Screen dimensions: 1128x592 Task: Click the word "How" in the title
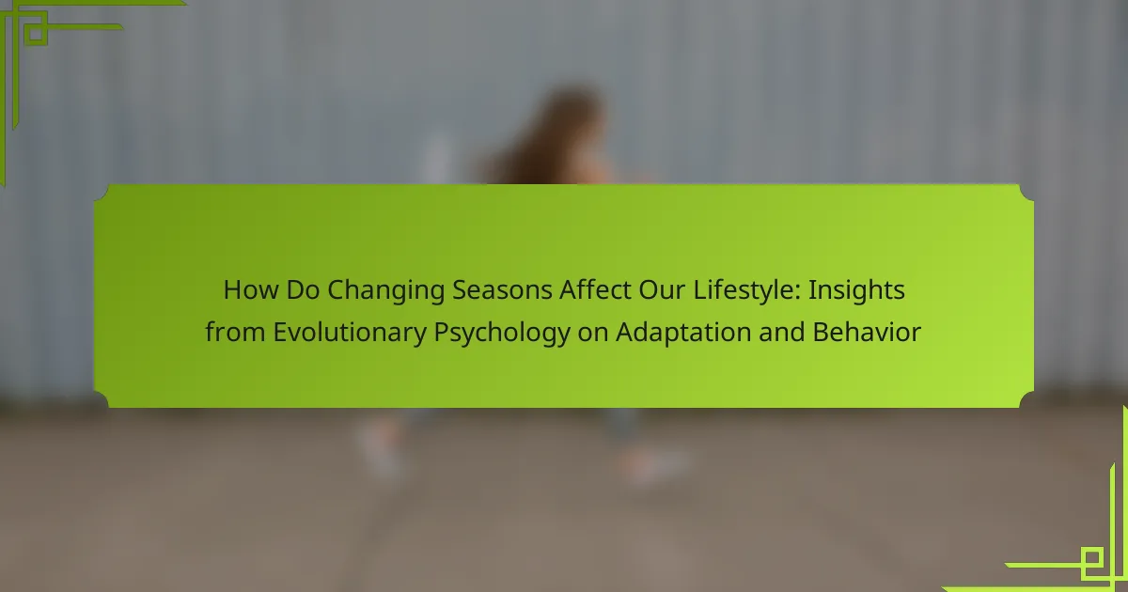point(251,290)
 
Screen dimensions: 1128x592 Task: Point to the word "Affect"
point(595,289)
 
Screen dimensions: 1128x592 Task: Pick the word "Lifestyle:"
point(746,291)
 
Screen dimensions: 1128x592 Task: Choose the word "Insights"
point(856,291)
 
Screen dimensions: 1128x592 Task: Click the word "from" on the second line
point(235,332)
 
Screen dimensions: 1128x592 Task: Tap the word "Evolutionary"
point(350,334)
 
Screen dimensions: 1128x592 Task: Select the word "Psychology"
point(502,334)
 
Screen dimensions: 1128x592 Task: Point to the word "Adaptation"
point(683,334)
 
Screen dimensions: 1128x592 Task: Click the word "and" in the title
point(781,332)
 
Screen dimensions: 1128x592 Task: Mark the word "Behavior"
point(867,332)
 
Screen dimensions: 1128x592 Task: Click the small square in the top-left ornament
point(36,33)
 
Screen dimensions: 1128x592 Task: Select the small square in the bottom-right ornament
point(1091,558)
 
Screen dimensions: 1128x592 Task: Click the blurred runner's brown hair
point(549,136)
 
